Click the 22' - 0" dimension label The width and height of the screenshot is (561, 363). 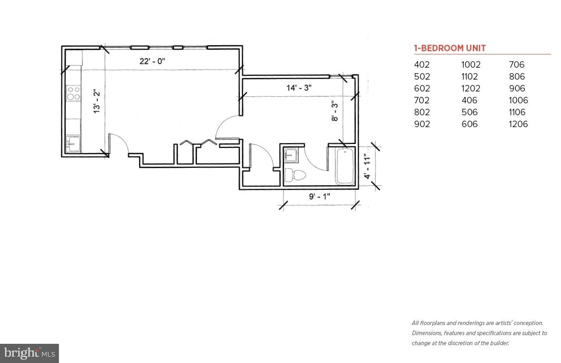[152, 61]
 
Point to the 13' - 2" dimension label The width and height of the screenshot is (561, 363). [96, 101]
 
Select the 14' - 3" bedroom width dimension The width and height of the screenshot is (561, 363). [299, 88]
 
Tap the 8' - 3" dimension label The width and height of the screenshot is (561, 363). [335, 111]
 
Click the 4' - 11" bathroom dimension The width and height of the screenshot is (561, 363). [366, 166]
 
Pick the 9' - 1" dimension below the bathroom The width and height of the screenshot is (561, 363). [319, 197]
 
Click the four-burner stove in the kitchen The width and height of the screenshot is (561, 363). [74, 93]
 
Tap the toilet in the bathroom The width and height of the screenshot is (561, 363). [295, 175]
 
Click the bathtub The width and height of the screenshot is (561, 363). [345, 166]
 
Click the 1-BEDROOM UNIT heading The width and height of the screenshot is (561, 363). [450, 48]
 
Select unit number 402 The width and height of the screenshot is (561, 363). [422, 64]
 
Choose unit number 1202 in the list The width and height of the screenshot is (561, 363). [471, 88]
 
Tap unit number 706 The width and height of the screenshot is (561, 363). [517, 64]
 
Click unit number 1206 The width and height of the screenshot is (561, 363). [518, 124]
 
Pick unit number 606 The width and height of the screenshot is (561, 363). [469, 124]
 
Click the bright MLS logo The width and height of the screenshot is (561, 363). [29, 353]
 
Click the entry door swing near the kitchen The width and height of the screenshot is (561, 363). [120, 143]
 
